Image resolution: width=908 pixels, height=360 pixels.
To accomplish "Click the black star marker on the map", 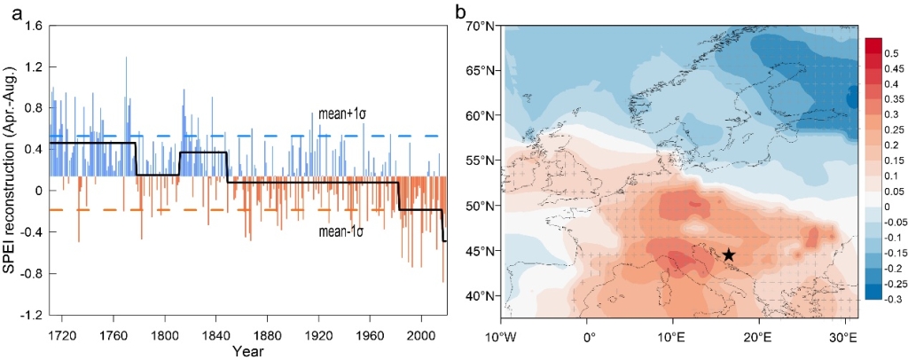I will (728, 254).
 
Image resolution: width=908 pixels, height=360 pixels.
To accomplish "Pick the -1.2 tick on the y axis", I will (32, 316).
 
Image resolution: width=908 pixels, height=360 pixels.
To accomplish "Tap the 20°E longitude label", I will (755, 337).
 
